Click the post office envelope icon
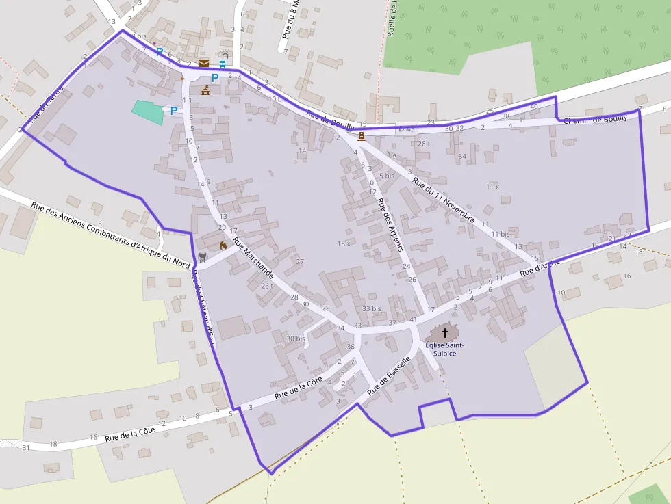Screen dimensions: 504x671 (204, 64)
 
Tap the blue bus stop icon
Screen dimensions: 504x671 (223, 64)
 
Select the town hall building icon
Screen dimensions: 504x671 (205, 90)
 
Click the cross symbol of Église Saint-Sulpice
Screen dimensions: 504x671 (444, 333)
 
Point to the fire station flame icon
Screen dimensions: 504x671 (223, 244)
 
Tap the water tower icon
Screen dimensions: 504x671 (202, 257)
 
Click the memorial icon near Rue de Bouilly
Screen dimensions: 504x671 (361, 136)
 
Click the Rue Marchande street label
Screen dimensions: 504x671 (253, 258)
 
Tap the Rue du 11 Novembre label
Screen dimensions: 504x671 (444, 200)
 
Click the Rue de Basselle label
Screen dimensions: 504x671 (388, 375)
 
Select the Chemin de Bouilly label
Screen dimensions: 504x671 (595, 119)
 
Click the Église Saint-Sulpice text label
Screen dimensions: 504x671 (444, 349)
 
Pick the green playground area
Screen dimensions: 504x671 (149, 112)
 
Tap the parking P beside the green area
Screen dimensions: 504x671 (174, 109)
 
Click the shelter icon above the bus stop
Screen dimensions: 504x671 (225, 54)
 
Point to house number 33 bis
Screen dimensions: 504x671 (371, 308)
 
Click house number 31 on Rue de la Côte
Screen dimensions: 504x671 (26, 447)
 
